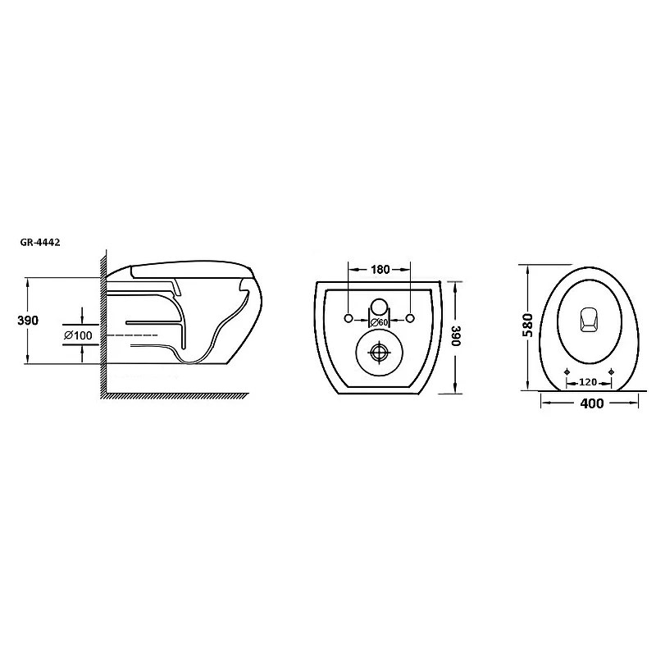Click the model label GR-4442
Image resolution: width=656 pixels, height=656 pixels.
pos(40,243)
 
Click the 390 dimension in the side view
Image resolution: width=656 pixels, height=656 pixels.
pos(28,321)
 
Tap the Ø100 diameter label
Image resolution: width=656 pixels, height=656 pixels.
pos(78,335)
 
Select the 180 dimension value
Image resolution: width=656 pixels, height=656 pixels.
pos(380,270)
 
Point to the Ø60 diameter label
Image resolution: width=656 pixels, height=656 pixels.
pos(380,322)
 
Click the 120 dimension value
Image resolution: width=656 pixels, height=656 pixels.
pos(588,382)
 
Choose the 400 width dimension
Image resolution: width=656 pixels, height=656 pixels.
pos(591,403)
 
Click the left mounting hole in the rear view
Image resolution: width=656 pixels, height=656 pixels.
pos(348,318)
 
